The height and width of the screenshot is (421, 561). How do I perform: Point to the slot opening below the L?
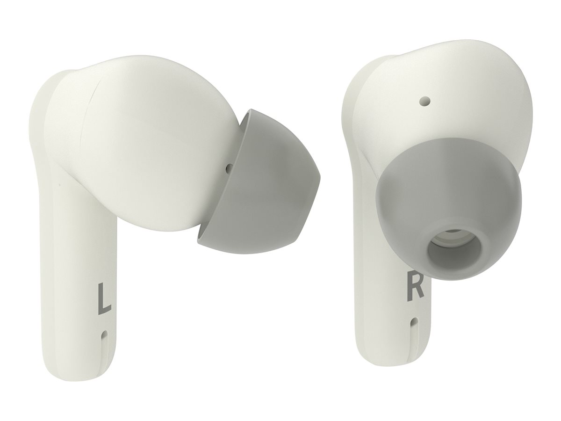104,335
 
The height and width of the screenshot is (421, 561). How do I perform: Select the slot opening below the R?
413,323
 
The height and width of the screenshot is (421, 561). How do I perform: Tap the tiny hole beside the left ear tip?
229,167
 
